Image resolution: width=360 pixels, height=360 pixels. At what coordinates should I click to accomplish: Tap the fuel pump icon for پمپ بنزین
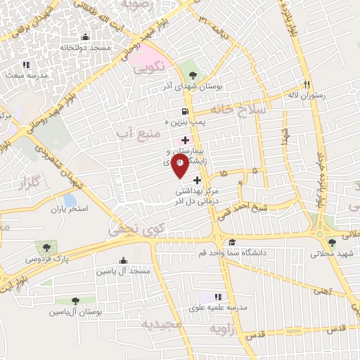pos(185,111)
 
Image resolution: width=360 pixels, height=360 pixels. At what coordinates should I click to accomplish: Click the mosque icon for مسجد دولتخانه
pos(86,37)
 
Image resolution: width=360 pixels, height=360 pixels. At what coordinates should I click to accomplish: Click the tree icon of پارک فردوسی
pos(46,247)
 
